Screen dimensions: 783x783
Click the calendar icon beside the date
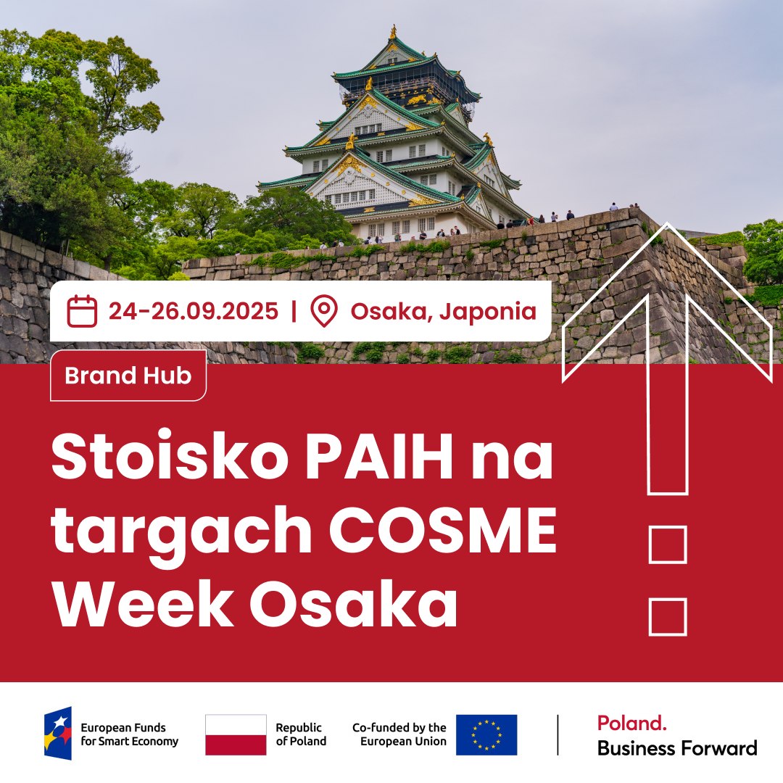coord(82,311)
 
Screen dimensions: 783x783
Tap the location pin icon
coord(324,311)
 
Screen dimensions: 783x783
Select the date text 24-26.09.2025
coord(194,311)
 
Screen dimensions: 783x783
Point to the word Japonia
coord(488,312)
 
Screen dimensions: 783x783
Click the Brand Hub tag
coord(128,376)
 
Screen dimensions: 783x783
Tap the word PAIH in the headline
coord(379,456)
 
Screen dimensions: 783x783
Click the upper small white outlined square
coord(668,544)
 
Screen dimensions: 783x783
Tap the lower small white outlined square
coord(668,617)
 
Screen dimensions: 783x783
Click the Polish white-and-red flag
coord(236,734)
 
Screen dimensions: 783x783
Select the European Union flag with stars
coord(486,734)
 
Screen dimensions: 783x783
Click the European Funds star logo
coord(58,733)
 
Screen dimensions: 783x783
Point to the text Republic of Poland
coord(301,734)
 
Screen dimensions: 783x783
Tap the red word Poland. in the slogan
coord(631,723)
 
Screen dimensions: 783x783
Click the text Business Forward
coord(677,748)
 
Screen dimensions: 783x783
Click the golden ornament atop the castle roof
coord(393,31)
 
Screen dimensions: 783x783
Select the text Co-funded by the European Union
coord(399,734)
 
